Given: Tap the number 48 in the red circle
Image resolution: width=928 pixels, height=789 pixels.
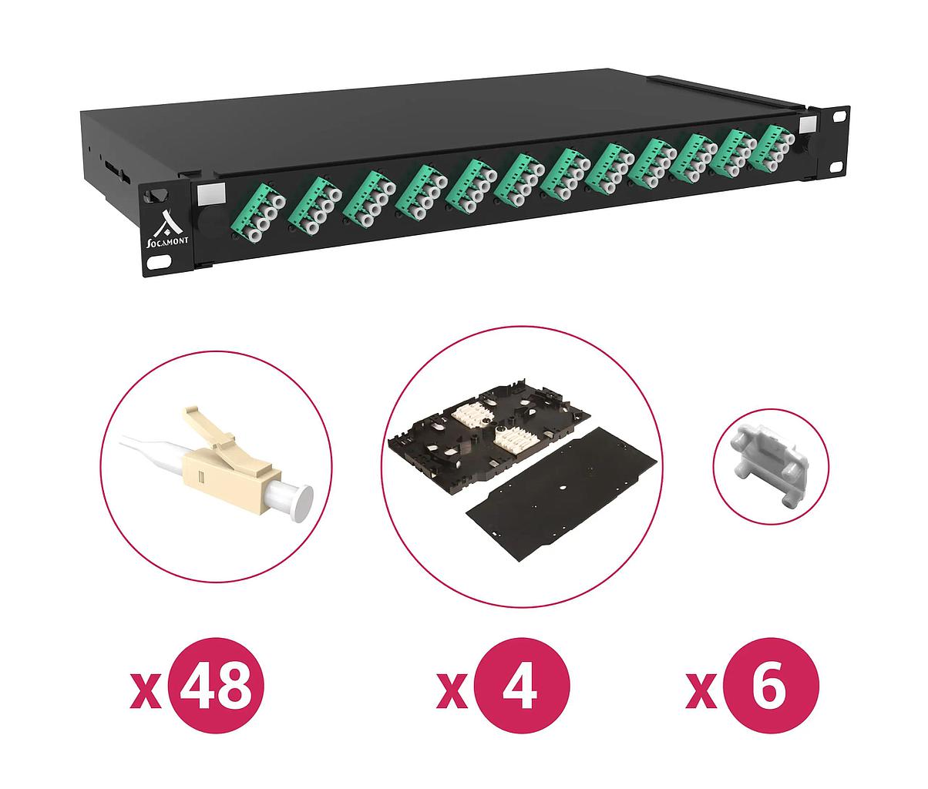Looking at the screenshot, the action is (216, 691).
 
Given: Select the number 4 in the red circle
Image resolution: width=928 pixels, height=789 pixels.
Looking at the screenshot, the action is (520, 691).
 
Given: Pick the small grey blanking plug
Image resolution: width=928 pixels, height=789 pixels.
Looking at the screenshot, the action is (771, 467).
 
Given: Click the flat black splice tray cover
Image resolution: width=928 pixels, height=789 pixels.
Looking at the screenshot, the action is (564, 494).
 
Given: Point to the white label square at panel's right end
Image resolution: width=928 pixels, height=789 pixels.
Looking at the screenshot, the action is (809, 124).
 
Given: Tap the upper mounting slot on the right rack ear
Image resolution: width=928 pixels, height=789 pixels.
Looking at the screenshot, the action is (839, 116).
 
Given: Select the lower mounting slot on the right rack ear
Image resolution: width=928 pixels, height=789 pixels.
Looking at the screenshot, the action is (836, 167).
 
